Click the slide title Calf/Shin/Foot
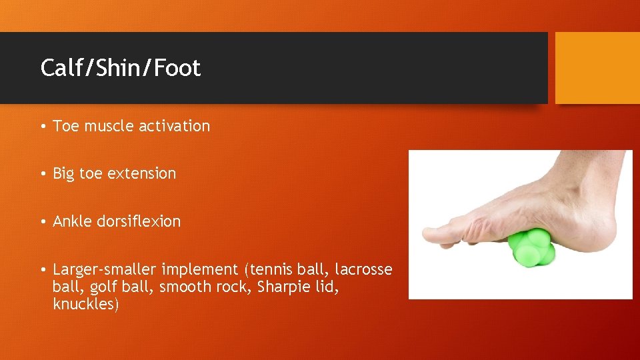121,68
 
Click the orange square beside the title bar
597,68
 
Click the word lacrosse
363,269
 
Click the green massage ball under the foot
530,249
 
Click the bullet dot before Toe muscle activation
42,127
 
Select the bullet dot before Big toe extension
42,174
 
